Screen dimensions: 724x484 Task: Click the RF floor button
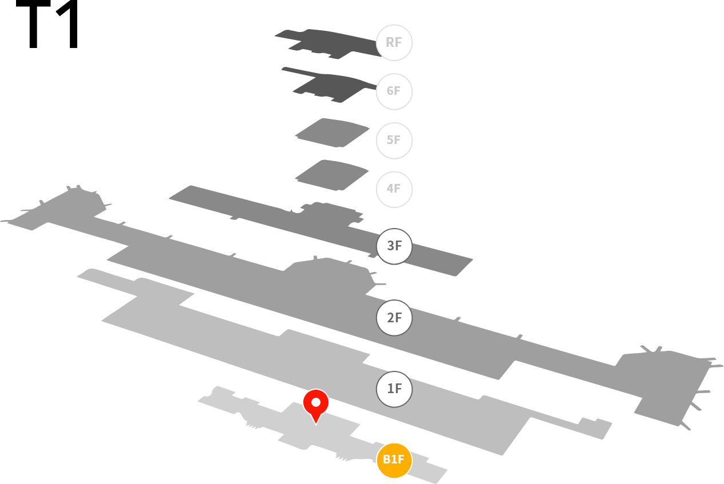[x=394, y=43]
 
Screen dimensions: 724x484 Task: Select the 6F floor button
[x=394, y=91]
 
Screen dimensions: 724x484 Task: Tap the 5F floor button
[x=394, y=141]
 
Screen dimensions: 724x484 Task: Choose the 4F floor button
[x=394, y=189]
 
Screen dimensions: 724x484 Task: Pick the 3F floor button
[x=394, y=246]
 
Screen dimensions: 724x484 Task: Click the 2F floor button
[x=394, y=318]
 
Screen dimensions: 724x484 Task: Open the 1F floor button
[x=394, y=389]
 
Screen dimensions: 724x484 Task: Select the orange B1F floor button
[x=394, y=460]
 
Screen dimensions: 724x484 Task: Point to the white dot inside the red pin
[x=316, y=402]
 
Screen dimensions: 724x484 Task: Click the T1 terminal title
[x=47, y=24]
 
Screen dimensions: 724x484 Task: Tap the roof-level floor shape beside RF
[x=330, y=44]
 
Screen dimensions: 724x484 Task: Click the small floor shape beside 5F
[x=332, y=133]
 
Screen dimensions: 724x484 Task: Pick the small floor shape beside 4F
[x=331, y=175]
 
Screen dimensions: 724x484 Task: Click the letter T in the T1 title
[x=33, y=24]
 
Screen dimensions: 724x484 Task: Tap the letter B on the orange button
[x=386, y=459]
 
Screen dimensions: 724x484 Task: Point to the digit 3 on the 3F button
[x=391, y=246]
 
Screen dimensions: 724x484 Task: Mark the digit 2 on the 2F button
[x=391, y=318]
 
